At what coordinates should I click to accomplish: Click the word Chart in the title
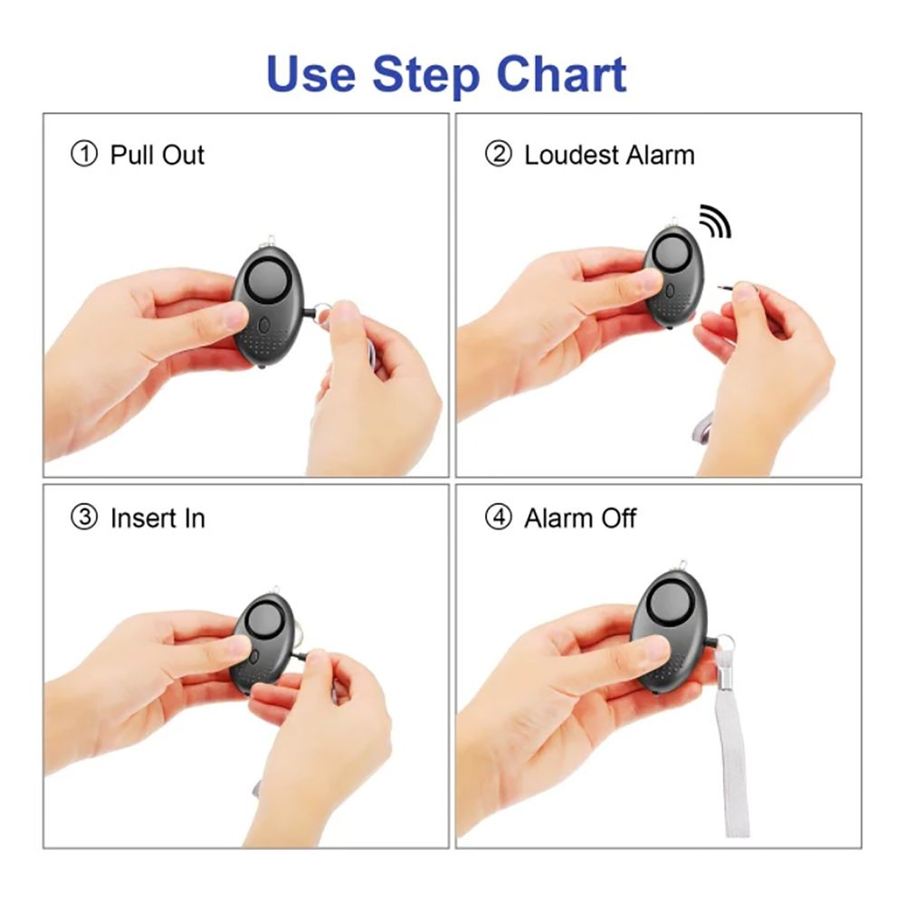(562, 74)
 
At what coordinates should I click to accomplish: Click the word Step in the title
(426, 76)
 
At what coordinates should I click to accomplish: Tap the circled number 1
(83, 155)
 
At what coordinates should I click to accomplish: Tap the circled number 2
(498, 155)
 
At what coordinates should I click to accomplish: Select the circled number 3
(83, 517)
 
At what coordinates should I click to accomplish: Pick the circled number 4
(498, 517)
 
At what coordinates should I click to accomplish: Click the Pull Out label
(157, 155)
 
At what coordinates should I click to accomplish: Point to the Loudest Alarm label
(609, 155)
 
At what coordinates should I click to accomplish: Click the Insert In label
(157, 518)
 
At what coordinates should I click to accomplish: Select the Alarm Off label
(580, 518)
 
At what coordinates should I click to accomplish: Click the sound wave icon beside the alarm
(716, 221)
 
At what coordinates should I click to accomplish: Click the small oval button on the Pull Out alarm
(263, 326)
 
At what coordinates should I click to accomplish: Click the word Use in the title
(311, 74)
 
